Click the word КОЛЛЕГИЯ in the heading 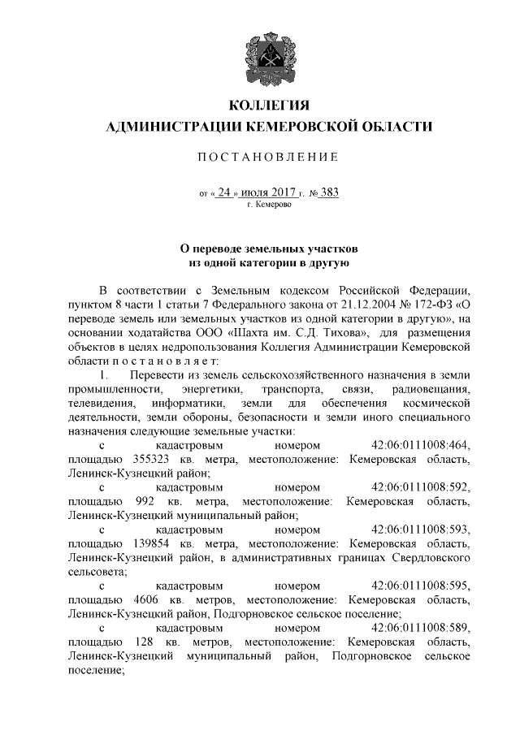270,106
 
